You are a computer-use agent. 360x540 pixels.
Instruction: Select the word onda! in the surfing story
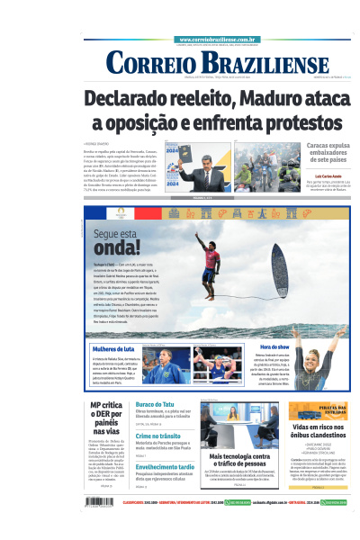point(117,247)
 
